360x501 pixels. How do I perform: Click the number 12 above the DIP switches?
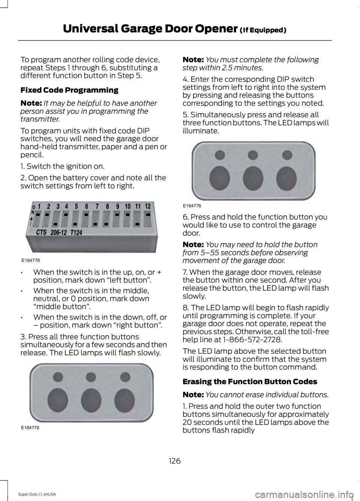148,206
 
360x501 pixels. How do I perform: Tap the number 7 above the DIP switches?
97,206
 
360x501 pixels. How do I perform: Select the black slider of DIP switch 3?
55,224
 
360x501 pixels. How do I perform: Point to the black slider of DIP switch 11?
138,224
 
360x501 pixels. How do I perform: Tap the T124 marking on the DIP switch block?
76,233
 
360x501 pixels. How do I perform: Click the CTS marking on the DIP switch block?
41,233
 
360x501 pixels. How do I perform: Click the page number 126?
174,461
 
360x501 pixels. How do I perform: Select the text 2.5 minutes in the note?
244,68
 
